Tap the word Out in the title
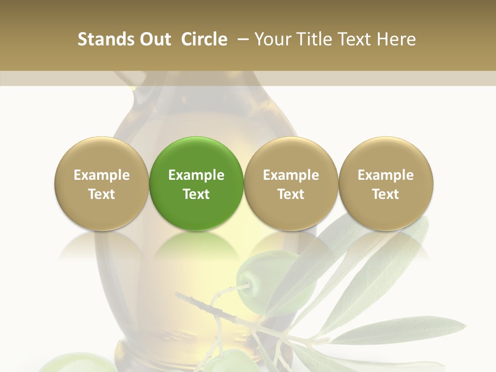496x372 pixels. pos(153,39)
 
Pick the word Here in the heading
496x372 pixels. pos(396,39)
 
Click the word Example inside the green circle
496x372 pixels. pos(196,175)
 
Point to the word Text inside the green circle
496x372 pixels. pos(196,194)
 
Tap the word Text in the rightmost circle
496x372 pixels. pos(385,194)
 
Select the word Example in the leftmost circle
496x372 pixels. pos(102,175)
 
